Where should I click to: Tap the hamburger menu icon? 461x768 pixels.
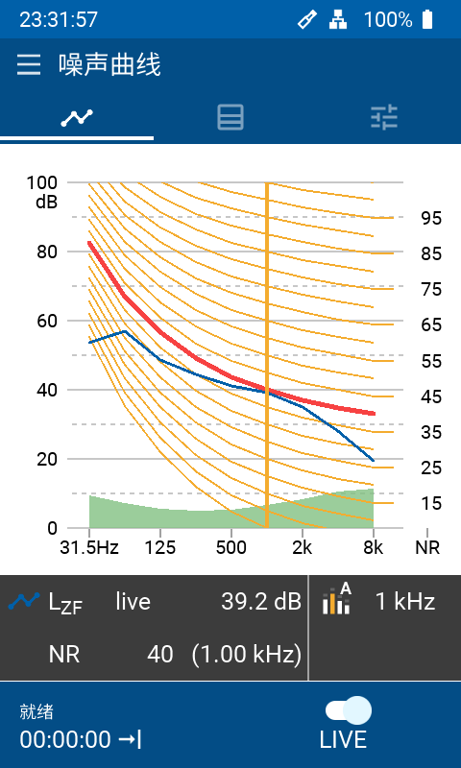[29, 65]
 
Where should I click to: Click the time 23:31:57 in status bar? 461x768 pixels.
[59, 19]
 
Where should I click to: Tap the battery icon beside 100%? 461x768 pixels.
[428, 19]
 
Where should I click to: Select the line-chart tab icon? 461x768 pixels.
[77, 117]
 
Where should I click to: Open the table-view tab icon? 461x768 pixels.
[230, 117]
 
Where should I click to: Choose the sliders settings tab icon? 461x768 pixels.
[384, 117]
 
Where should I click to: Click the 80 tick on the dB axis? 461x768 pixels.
[48, 252]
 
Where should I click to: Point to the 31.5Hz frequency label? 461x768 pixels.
[89, 547]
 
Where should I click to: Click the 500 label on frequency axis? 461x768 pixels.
[231, 547]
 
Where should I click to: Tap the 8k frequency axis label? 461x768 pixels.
[374, 547]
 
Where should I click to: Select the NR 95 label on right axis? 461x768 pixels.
[431, 219]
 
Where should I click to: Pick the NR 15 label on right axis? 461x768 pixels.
[431, 503]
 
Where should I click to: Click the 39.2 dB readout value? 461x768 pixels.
[260, 602]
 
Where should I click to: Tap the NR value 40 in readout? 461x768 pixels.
[160, 655]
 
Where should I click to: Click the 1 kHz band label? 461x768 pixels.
[405, 602]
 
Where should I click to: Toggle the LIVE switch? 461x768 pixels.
[349, 710]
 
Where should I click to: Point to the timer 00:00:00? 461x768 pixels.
[65, 739]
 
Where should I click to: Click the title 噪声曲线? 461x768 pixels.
[109, 64]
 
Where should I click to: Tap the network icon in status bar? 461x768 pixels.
[338, 19]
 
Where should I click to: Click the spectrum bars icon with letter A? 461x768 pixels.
[337, 598]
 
